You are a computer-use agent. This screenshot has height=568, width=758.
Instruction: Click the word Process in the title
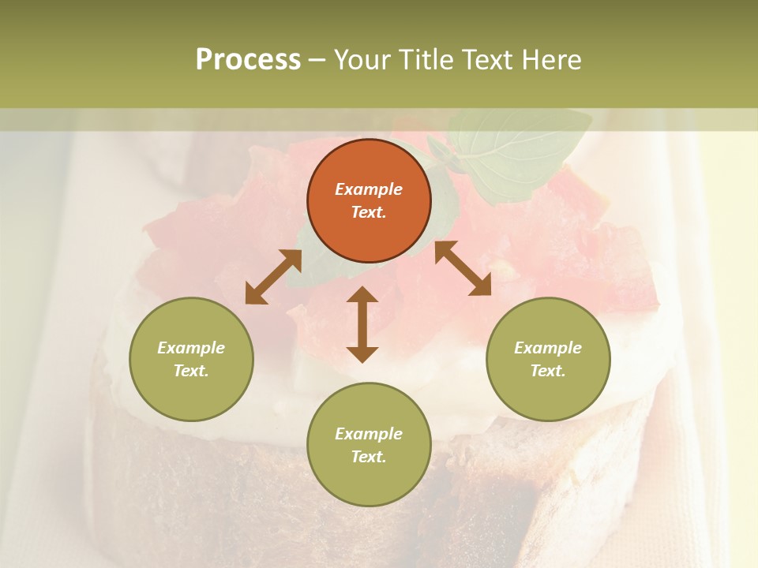248,60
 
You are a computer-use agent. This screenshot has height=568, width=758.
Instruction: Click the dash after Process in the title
317,61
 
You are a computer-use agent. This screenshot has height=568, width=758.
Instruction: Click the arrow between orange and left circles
273,277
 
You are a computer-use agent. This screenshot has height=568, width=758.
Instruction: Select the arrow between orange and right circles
463,268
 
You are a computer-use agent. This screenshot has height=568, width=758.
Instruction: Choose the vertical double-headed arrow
362,324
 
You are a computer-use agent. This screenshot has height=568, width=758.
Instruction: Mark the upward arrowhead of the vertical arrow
362,294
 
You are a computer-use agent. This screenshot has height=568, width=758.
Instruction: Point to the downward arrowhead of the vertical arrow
362,354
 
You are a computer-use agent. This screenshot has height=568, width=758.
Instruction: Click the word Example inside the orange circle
369,189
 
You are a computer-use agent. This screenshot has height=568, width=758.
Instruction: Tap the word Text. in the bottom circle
369,457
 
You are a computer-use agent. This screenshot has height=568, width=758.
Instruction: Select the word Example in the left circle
191,348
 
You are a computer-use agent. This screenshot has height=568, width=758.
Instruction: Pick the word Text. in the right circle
548,371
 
